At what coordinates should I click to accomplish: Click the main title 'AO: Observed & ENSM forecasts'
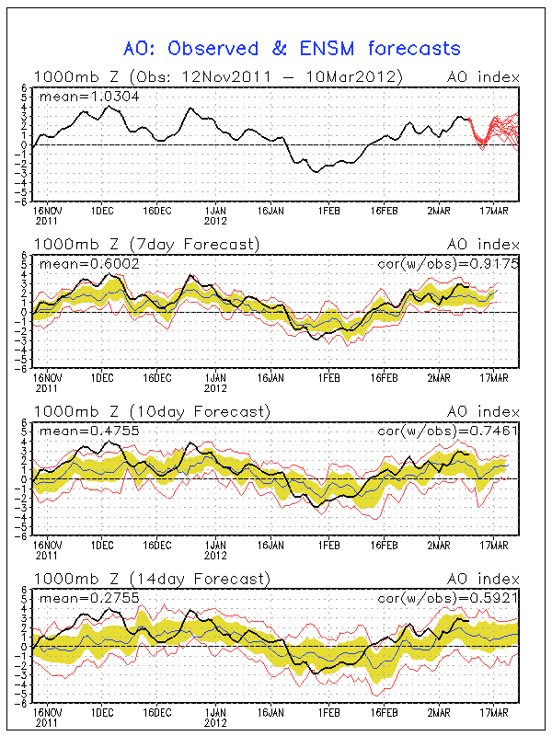(x=292, y=48)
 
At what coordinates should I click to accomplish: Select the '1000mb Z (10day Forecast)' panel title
(x=151, y=410)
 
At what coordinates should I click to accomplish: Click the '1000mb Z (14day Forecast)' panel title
(x=151, y=578)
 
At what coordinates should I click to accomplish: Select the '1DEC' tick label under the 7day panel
(x=102, y=377)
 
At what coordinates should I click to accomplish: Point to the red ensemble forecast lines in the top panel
(x=497, y=129)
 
